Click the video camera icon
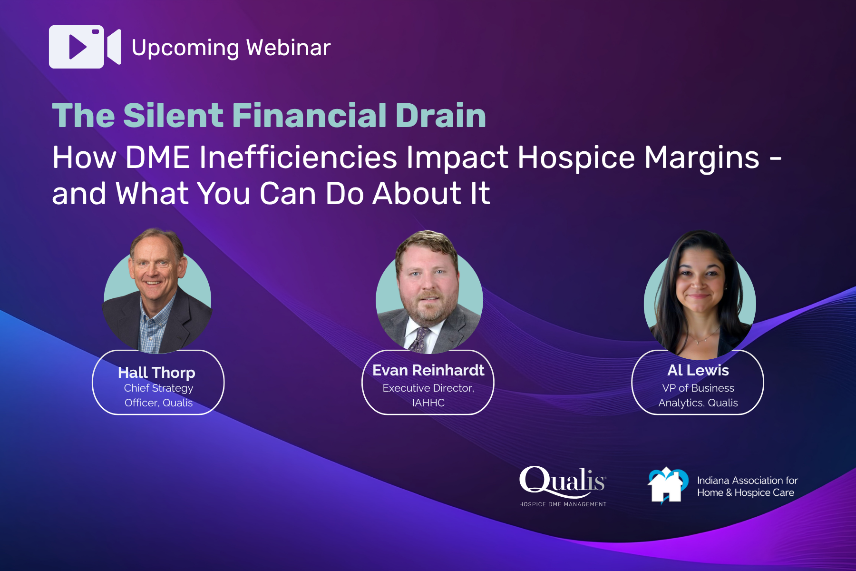(x=85, y=47)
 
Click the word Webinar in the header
(x=288, y=48)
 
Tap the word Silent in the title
(x=173, y=116)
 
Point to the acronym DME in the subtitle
(x=157, y=158)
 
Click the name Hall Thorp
(x=156, y=373)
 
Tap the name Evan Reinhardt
(x=428, y=370)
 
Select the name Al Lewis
(x=698, y=370)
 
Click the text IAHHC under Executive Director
(x=428, y=403)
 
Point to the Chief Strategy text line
(x=158, y=388)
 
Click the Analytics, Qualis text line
(x=698, y=403)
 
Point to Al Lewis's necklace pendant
(x=697, y=342)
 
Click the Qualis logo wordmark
(x=562, y=481)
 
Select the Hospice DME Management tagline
(x=563, y=504)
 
